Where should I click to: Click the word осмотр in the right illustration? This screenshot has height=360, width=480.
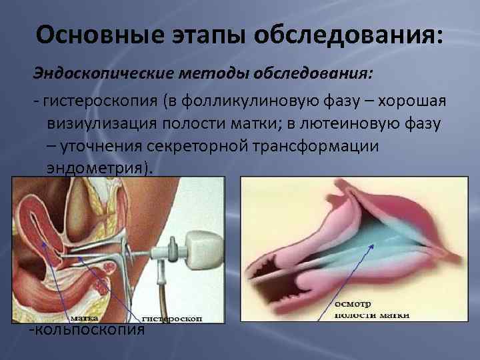tap(349, 303)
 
